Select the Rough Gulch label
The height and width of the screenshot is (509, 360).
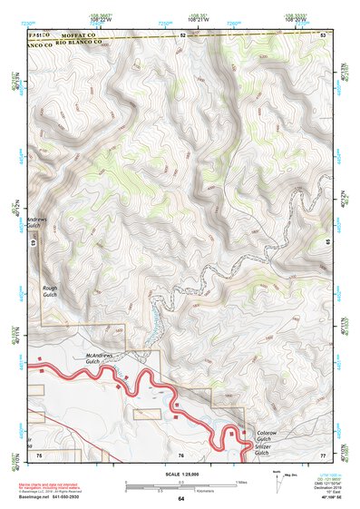[50, 292]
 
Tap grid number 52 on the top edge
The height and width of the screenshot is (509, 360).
[181, 34]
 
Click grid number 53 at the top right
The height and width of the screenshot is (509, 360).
[324, 34]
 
